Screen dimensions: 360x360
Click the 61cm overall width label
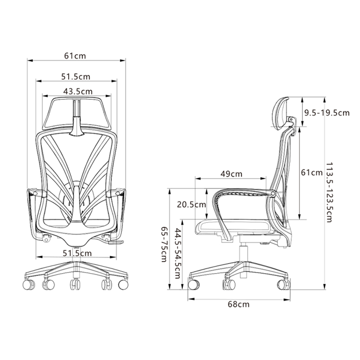[x=75, y=56]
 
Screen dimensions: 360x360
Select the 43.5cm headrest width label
[x=78, y=91]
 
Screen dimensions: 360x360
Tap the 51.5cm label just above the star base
[x=77, y=253]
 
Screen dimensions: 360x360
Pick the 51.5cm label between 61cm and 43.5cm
[x=76, y=76]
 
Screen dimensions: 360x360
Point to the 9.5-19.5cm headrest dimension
[x=327, y=113]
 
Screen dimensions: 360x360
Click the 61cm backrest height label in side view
[x=312, y=172]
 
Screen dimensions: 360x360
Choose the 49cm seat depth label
[x=231, y=174]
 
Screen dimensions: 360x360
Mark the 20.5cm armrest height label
[x=192, y=204]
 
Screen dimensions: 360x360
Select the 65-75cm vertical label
[x=164, y=244]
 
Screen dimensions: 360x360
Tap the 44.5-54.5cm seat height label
[x=178, y=253]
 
